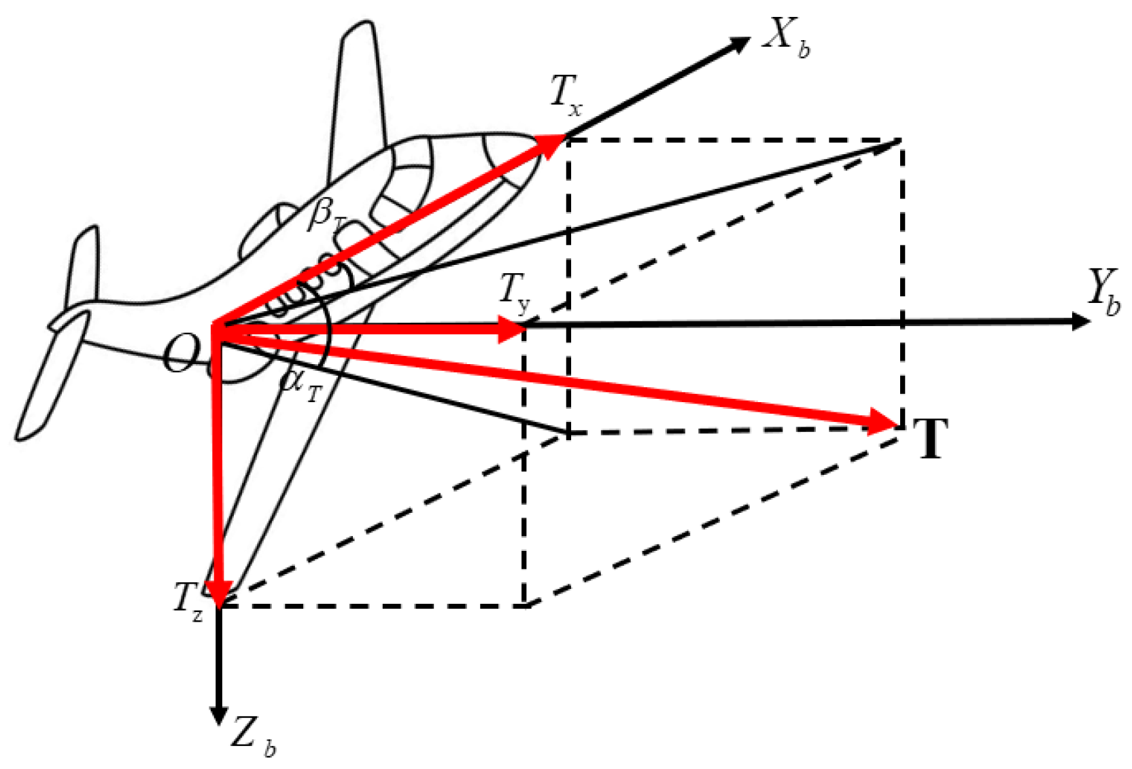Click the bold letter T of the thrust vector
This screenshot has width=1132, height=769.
click(931, 439)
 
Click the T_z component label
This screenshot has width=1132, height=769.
click(187, 602)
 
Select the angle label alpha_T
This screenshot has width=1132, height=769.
click(300, 384)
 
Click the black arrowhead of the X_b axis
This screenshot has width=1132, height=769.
click(738, 45)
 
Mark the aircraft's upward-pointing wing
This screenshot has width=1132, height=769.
click(357, 95)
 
